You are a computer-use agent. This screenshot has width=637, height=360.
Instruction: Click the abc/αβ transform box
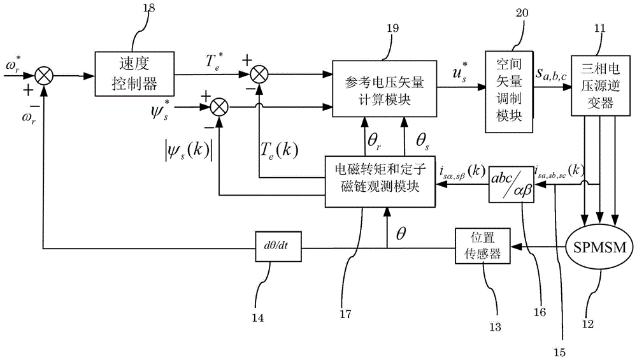[511, 185]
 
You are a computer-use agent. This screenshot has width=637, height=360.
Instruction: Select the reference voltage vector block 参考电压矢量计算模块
[383, 89]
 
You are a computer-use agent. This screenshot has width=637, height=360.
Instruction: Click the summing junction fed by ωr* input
[43, 75]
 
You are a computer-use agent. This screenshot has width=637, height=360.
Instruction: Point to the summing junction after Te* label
[258, 75]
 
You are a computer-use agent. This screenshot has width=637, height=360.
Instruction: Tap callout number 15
[564, 349]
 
